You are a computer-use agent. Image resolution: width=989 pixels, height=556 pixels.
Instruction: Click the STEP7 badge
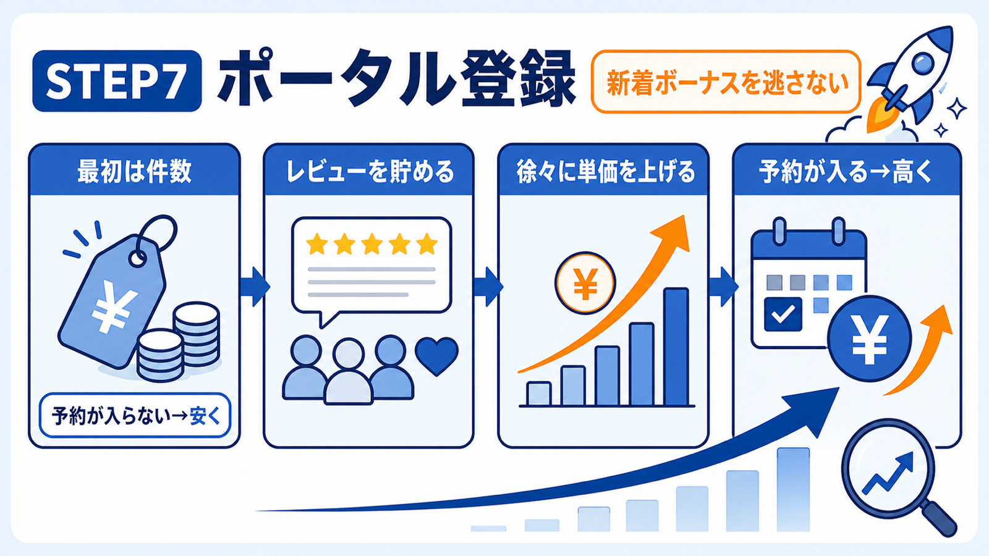point(117,81)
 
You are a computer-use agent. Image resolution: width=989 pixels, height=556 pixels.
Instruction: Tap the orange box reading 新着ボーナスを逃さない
point(726,82)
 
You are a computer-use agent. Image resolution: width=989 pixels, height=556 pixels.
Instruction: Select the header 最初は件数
point(135,171)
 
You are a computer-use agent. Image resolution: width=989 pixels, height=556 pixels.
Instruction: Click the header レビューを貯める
point(370,171)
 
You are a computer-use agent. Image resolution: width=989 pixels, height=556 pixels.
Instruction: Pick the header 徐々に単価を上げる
point(605,171)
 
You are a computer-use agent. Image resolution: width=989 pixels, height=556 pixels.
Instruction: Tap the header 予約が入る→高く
point(846,171)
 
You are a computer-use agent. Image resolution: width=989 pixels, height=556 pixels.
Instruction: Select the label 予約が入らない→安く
point(135,416)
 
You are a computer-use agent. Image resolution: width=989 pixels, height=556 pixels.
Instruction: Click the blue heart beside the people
point(436,356)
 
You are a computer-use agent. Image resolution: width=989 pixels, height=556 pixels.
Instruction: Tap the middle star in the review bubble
point(372,244)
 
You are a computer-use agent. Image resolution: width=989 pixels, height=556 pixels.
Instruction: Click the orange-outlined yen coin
point(585,283)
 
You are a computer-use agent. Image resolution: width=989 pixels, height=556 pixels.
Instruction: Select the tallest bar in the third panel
point(676,347)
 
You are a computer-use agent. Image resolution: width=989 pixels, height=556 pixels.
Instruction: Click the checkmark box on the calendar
point(783,314)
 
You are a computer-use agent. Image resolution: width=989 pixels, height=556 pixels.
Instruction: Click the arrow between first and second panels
point(255,287)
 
